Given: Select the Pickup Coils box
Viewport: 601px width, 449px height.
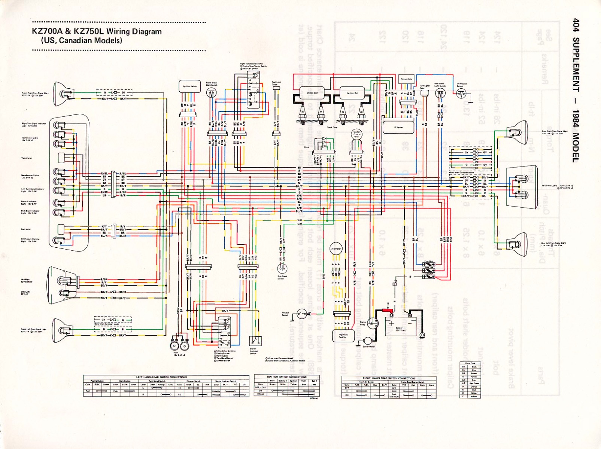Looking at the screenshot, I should point(406,79).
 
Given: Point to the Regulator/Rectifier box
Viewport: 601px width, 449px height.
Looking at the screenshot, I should point(343,336).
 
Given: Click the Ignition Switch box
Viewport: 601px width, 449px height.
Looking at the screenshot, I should point(190,86).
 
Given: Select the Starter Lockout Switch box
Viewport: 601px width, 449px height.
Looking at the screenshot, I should point(255,341).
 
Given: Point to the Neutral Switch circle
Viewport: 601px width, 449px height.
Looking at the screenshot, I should point(301,314).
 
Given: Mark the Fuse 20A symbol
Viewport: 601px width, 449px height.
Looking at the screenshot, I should point(429,276).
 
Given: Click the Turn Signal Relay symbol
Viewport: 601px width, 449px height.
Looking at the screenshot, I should point(424,92).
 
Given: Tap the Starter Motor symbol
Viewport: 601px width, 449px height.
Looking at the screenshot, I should point(368,340).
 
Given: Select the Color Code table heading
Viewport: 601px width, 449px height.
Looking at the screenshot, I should point(470,363).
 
